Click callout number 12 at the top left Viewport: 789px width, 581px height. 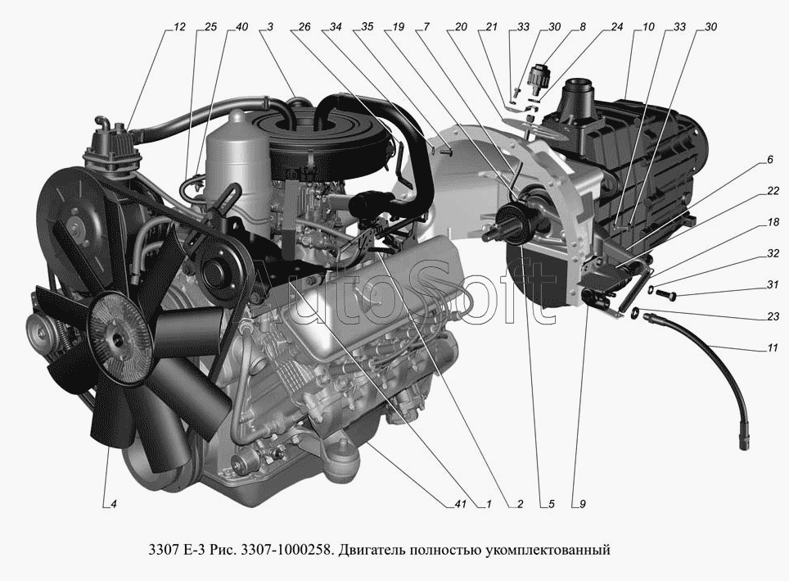click(x=179, y=27)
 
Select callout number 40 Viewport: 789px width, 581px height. click(x=241, y=27)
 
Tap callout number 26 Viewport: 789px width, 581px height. click(x=304, y=27)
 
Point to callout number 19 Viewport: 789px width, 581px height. click(x=398, y=27)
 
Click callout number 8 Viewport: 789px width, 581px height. click(x=583, y=27)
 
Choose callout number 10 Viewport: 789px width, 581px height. click(x=648, y=27)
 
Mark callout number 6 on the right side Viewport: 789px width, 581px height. click(x=770, y=161)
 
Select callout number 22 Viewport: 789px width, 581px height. click(x=773, y=191)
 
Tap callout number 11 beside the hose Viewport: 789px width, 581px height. click(x=773, y=347)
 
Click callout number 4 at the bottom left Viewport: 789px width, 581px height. click(x=114, y=504)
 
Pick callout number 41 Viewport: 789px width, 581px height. click(x=461, y=504)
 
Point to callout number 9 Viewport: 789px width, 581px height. click(x=583, y=504)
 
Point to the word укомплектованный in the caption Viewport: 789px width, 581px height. click(x=548, y=549)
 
